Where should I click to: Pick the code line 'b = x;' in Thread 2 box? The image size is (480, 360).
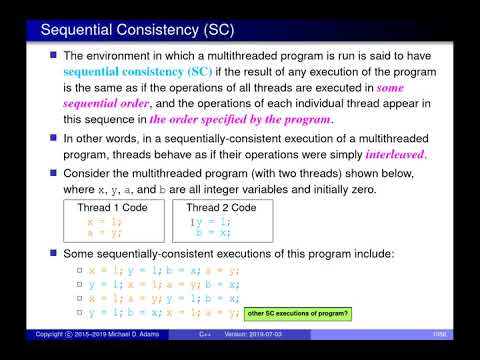click(x=212, y=231)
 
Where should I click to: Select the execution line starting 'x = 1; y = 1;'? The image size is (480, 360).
click(x=162, y=270)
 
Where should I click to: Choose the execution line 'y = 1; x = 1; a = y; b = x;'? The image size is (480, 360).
click(x=162, y=284)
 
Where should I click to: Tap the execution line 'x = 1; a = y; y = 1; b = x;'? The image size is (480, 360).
click(x=162, y=299)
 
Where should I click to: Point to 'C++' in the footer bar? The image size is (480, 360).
click(x=205, y=333)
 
